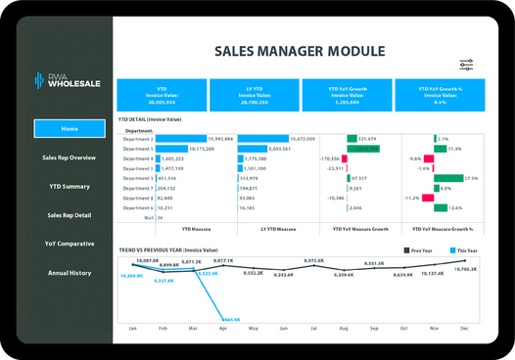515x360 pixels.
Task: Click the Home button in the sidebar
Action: coord(70,129)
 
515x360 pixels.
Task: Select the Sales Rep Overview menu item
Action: coord(70,157)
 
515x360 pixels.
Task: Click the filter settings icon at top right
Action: coord(466,64)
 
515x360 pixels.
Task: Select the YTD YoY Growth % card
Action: coord(440,96)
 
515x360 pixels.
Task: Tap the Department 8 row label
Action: coord(138,198)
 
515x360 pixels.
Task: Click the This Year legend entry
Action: coord(465,250)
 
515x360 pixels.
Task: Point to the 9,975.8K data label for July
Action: coord(314,261)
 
